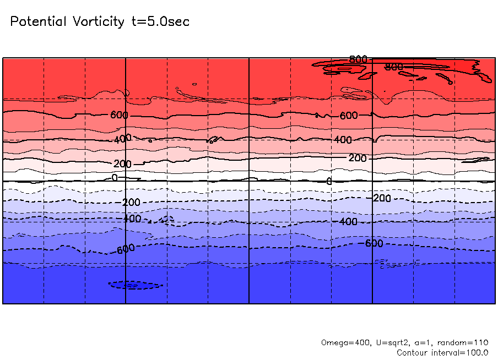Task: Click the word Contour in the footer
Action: click(412, 352)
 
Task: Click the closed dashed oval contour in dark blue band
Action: click(136, 285)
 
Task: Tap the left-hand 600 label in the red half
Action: click(119, 115)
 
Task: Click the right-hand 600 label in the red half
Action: click(348, 116)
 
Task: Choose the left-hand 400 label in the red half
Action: click(122, 139)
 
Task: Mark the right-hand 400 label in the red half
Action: click(342, 140)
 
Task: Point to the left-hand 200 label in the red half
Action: click(122, 164)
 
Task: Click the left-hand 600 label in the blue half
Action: click(126, 249)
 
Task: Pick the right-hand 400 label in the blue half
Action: click(348, 221)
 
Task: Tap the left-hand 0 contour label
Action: click(115, 178)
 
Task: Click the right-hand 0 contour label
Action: click(329, 181)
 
